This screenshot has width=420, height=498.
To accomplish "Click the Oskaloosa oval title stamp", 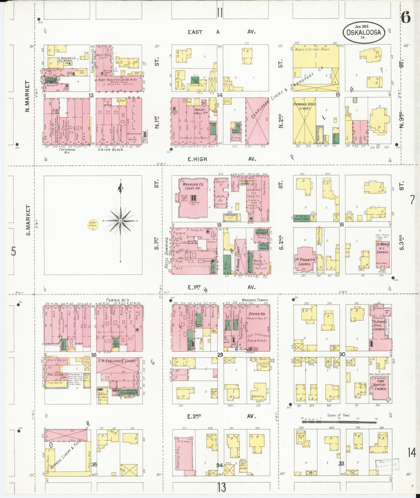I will point(364,32).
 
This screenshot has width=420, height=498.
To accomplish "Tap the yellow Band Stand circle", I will point(93,224).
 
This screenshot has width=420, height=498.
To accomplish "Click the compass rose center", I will point(121,221).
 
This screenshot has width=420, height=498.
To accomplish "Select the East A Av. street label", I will point(221,32).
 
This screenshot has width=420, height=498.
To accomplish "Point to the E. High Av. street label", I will point(221,159).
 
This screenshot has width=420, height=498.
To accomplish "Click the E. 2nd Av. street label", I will point(221,416).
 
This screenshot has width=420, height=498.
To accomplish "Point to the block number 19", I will point(219,225).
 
